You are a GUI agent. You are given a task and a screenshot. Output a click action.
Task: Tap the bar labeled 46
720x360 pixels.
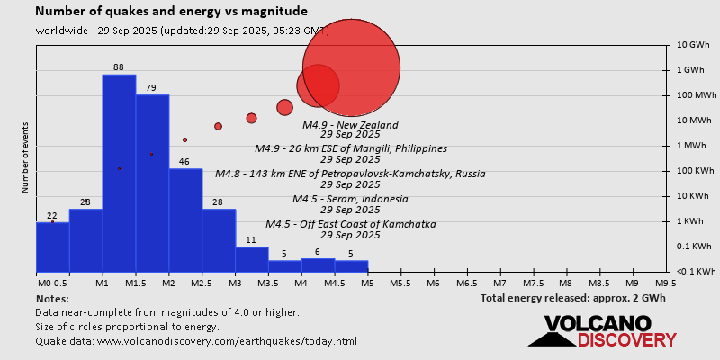185,220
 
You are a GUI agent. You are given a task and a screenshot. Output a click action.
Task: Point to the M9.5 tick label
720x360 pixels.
666,283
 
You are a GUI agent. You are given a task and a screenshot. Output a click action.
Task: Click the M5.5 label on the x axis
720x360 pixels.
400,283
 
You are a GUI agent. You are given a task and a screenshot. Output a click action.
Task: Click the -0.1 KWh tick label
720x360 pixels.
696,272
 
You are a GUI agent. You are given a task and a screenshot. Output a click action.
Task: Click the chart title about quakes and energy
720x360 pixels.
171,12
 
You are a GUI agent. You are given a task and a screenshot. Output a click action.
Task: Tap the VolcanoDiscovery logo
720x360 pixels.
602,330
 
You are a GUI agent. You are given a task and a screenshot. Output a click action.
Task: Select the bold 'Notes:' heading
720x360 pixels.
52,298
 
